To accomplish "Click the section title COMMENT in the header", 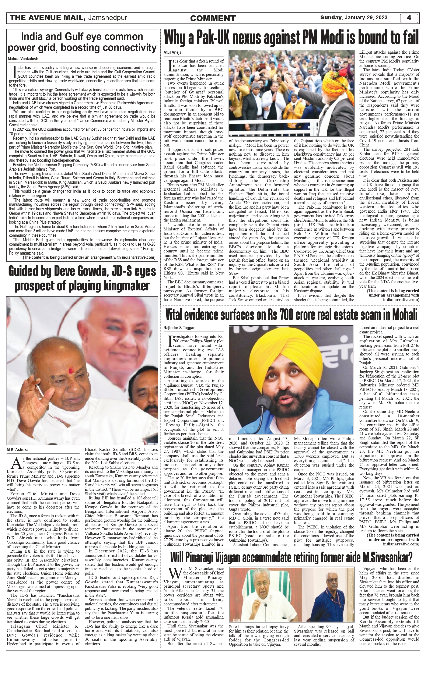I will coord(213,18).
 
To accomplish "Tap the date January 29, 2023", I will coord(366,18).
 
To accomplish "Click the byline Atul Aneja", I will coord(172,53).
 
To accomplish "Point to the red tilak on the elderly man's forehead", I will coord(70,371).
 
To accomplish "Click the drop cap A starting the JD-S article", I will coord(17,461).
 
